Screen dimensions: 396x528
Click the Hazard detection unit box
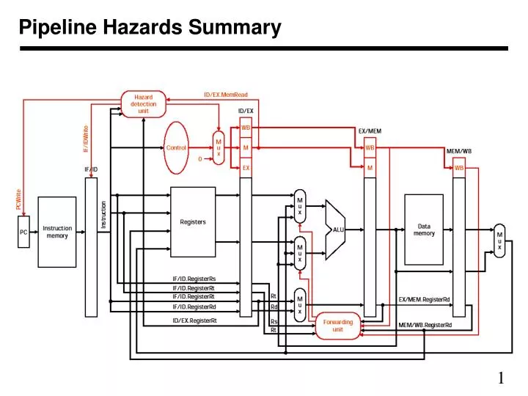pos(143,103)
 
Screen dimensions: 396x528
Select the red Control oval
pos(177,147)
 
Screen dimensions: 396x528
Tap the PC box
pos(23,232)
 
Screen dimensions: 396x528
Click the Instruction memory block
pos(56,232)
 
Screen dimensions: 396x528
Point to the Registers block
pos(193,221)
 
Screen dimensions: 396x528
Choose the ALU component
pos(336,229)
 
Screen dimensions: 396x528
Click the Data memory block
pos(424,230)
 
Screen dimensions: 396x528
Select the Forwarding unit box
pos(337,326)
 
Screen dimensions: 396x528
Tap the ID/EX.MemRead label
pos(226,95)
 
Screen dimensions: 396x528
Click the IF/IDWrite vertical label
pos(86,139)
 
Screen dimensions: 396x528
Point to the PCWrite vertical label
pos(19,199)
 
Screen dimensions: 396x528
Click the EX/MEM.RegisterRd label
pos(424,299)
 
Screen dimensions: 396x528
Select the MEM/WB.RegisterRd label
pos(425,325)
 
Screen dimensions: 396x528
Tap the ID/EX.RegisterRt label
pos(194,320)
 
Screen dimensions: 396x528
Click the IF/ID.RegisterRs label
pos(194,279)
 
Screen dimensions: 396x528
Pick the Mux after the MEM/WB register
pos(499,240)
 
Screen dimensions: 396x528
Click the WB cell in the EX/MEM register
pos(370,147)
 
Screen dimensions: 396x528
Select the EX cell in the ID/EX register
pos(246,167)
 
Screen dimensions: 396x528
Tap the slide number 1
pos(501,378)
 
